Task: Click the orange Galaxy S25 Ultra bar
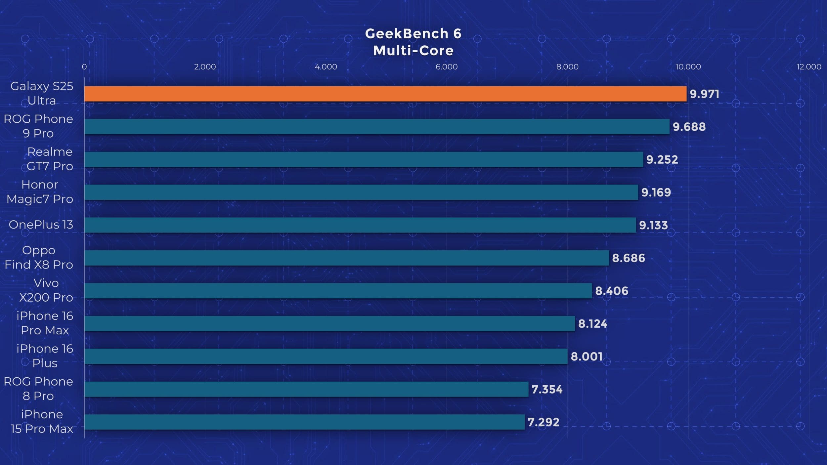385,94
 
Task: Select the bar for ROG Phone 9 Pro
377,127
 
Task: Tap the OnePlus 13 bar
360,225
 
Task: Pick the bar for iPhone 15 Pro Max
304,422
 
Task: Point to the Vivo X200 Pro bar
338,291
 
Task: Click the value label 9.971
704,94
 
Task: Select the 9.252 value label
662,160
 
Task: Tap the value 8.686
628,258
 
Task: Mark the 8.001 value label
587,357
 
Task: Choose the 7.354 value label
547,389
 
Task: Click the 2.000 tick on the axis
205,67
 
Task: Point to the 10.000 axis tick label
688,67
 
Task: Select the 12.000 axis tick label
809,67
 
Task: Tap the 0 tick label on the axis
84,67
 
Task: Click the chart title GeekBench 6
413,34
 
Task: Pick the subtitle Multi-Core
413,51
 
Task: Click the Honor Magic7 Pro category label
40,192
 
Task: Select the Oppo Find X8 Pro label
39,257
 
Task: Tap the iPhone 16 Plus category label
45,356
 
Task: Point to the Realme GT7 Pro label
50,159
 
